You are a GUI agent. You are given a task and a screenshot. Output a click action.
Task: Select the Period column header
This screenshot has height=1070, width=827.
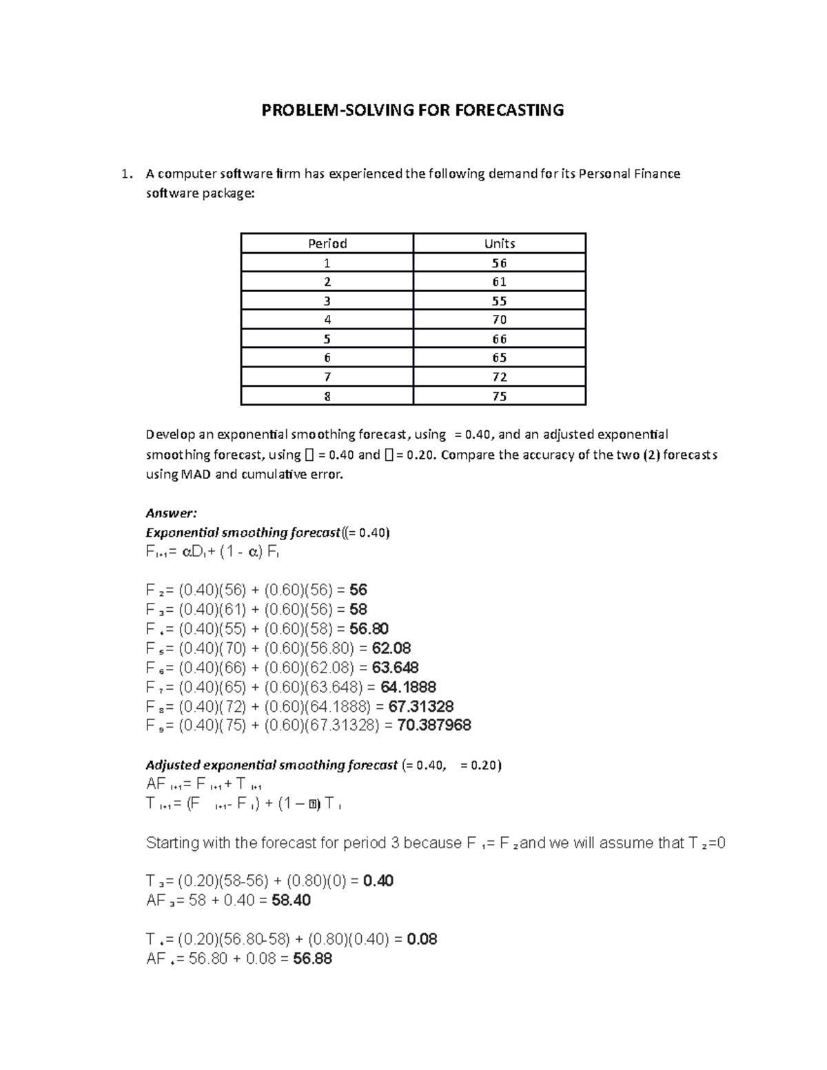tap(327, 243)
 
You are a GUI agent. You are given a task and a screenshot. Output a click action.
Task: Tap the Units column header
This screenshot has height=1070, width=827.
tap(500, 243)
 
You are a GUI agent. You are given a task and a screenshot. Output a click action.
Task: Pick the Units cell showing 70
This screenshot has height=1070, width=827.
tap(500, 320)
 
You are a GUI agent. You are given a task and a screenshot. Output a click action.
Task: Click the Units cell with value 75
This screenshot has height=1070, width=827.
tap(500, 396)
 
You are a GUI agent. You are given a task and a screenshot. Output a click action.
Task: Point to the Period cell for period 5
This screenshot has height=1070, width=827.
tap(327, 339)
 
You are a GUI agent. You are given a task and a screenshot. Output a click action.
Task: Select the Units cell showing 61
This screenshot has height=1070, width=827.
tap(500, 282)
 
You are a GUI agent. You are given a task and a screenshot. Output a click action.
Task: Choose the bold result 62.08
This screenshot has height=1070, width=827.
tap(391, 648)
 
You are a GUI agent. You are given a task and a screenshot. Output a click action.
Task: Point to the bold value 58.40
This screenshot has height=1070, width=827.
tap(292, 901)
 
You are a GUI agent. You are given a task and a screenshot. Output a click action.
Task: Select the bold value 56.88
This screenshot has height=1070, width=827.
tap(313, 959)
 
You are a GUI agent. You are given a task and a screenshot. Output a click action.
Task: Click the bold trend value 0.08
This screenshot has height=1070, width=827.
tap(422, 940)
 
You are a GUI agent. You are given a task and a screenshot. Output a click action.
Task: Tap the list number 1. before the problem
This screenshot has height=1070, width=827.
tap(125, 174)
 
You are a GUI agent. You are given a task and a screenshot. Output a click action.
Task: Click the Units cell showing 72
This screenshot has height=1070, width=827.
tap(500, 377)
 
